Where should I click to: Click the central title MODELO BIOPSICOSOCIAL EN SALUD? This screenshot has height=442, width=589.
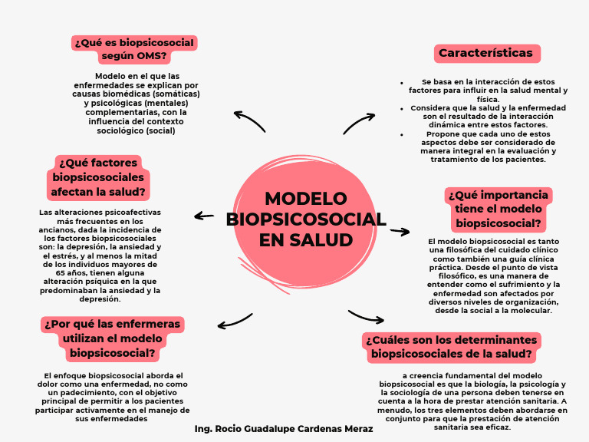click(306, 219)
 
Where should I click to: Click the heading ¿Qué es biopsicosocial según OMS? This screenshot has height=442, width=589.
click(134, 48)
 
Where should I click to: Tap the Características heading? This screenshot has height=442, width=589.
click(485, 53)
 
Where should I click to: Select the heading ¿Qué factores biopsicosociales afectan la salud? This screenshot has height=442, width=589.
click(98, 177)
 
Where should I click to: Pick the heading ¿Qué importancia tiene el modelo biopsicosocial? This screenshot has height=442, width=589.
click(499, 209)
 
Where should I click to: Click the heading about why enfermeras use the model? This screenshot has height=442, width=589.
click(112, 338)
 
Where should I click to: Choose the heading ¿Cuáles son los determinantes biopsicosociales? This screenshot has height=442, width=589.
click(451, 347)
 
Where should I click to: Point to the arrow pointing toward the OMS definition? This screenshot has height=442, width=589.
click(249, 120)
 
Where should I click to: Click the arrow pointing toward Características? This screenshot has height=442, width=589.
click(359, 123)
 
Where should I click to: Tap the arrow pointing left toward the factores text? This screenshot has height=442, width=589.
click(204, 216)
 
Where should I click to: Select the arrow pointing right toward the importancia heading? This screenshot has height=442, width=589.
click(400, 231)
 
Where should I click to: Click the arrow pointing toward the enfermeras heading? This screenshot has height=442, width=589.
click(234, 321)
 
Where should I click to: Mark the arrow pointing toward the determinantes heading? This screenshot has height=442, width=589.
click(366, 316)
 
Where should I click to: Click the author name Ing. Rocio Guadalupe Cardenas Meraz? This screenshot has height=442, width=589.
click(284, 429)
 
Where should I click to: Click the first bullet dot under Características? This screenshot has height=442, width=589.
click(402, 81)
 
